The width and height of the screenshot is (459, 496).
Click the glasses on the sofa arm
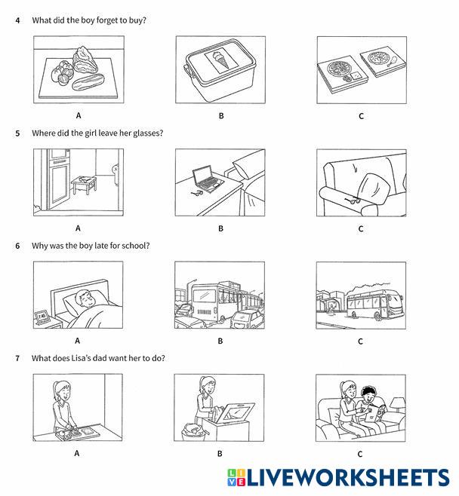tap(353, 200)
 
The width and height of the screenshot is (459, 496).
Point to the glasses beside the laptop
tap(197, 193)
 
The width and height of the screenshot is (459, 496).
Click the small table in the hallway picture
tap(84, 185)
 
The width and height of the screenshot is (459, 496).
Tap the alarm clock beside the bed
tap(42, 317)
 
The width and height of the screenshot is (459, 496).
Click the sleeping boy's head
tap(85, 299)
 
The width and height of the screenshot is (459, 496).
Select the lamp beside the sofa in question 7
tap(398, 405)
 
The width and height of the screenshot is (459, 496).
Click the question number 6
tap(17, 246)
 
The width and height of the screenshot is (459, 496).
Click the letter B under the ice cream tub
tap(221, 116)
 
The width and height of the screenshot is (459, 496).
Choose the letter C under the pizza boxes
tap(361, 116)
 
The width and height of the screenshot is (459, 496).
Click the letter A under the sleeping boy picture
tap(78, 341)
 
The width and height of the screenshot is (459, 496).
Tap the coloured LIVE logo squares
tap(236, 477)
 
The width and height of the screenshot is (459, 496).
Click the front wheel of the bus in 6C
tap(377, 316)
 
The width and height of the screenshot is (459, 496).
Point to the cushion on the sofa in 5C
tap(371, 188)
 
